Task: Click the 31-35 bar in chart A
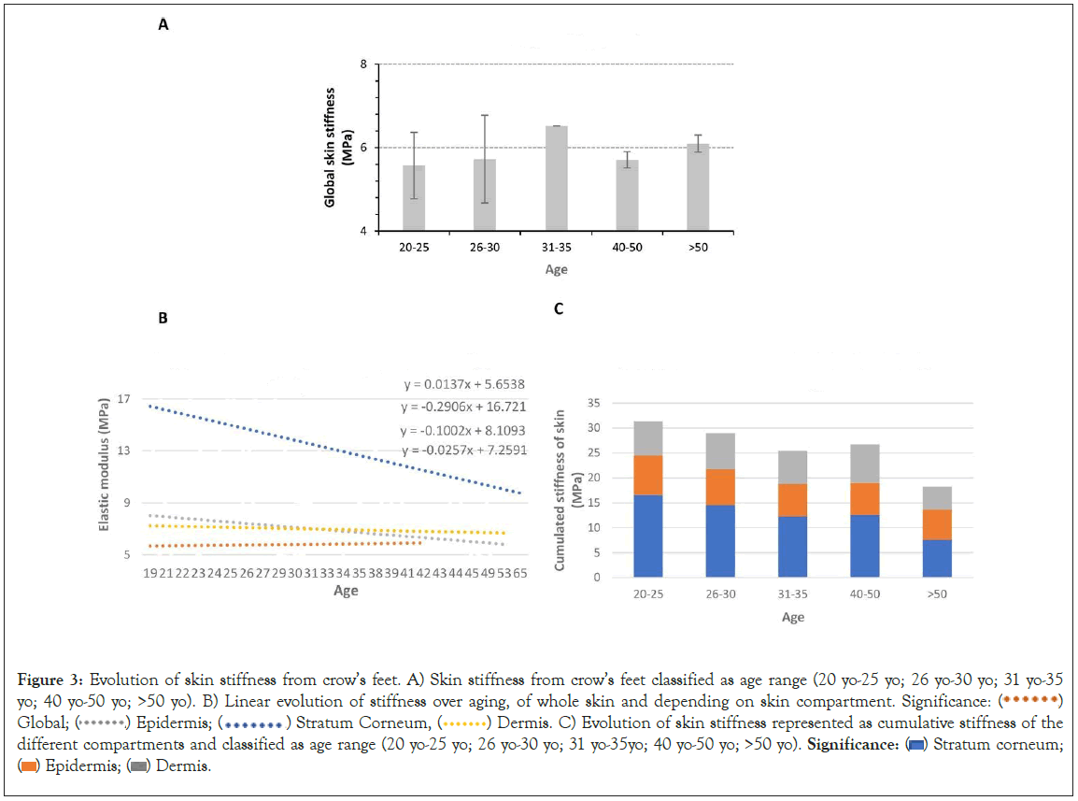click(556, 179)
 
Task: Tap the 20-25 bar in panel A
click(414, 198)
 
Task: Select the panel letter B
click(163, 318)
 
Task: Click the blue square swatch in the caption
click(917, 744)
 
